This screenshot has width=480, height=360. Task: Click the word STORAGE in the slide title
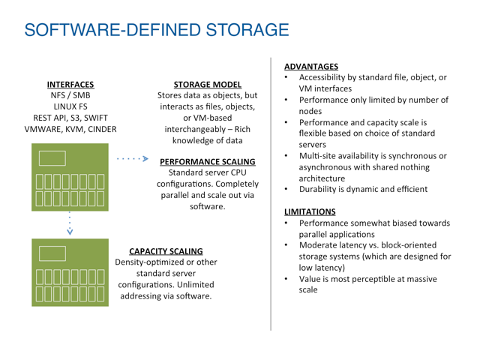click(247, 30)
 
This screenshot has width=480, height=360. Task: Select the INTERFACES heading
click(70, 85)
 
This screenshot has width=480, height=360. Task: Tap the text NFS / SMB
click(70, 95)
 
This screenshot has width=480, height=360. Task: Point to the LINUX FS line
click(70, 106)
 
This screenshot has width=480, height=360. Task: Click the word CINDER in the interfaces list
click(102, 129)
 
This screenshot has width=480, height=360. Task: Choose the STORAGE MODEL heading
click(208, 85)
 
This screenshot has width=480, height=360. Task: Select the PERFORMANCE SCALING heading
click(208, 162)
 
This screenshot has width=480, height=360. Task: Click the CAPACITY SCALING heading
click(166, 251)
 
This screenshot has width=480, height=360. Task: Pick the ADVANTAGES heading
click(311, 67)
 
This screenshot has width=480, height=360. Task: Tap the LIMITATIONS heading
click(310, 211)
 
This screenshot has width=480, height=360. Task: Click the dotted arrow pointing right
click(133, 158)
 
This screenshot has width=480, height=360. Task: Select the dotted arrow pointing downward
click(70, 223)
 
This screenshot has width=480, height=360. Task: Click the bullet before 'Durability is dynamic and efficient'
click(286, 189)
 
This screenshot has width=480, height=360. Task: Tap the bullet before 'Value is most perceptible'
click(286, 279)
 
